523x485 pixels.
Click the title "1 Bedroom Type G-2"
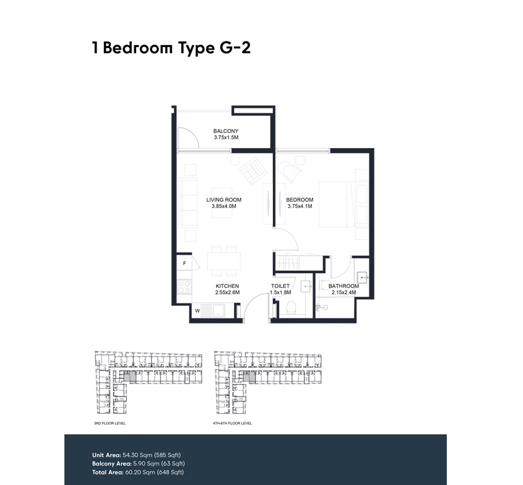pyautogui.click(x=171, y=48)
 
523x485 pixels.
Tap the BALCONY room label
pyautogui.click(x=226, y=131)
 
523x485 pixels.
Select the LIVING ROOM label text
pyautogui.click(x=224, y=199)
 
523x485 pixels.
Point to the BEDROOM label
pyautogui.click(x=300, y=199)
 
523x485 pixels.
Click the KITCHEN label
pyautogui.click(x=227, y=286)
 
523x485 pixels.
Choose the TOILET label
pyautogui.click(x=280, y=286)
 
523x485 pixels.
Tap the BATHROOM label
pyautogui.click(x=344, y=286)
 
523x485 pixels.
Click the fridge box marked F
pyautogui.click(x=184, y=263)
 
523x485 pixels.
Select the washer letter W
pyautogui.click(x=197, y=311)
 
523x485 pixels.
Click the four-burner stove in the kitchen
pyautogui.click(x=184, y=287)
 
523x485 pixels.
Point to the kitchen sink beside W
pyautogui.click(x=213, y=311)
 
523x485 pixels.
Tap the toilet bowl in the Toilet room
pyautogui.click(x=291, y=307)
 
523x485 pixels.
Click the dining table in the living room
pyautogui.click(x=223, y=261)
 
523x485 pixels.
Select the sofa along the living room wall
pyautogui.click(x=188, y=203)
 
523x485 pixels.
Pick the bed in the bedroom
pyautogui.click(x=344, y=204)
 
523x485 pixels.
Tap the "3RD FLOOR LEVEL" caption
pyautogui.click(x=110, y=423)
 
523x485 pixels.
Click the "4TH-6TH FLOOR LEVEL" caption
pyautogui.click(x=233, y=423)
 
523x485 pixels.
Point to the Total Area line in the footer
pyautogui.click(x=138, y=473)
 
